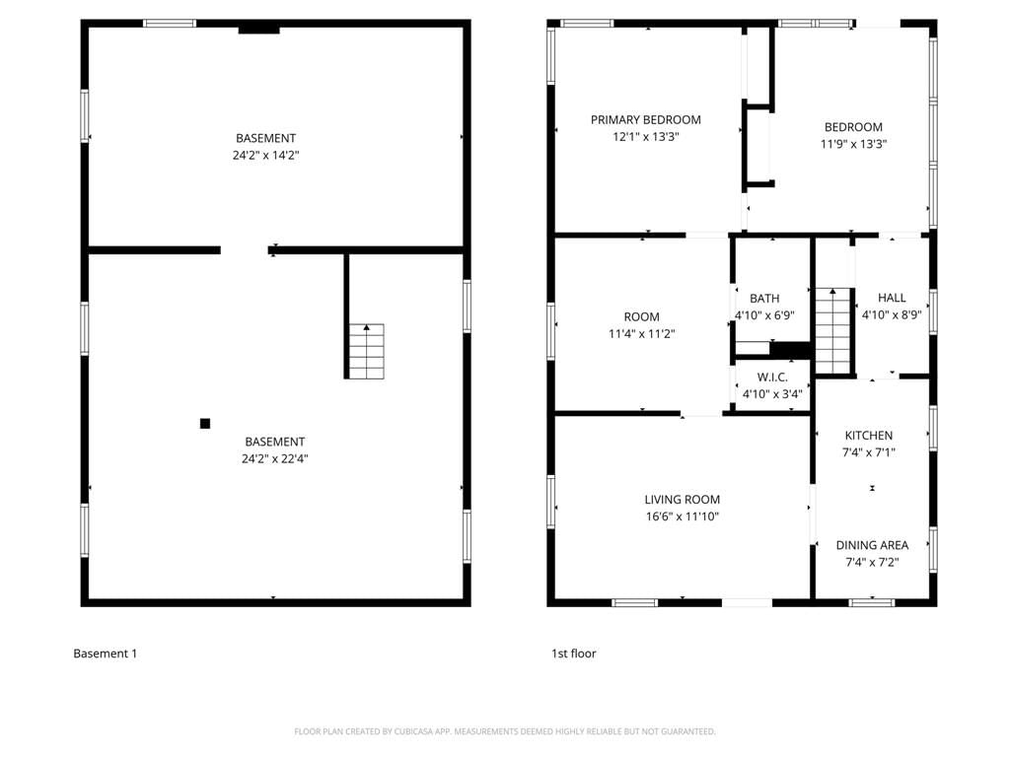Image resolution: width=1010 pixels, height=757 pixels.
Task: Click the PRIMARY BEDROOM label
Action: [645, 119]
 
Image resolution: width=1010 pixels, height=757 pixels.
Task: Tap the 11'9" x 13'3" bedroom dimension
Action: [853, 144]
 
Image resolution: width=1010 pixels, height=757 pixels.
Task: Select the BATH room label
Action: [764, 299]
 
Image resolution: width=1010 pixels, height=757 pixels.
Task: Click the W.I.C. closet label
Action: [772, 378]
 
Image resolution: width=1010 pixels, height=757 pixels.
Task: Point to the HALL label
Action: [892, 298]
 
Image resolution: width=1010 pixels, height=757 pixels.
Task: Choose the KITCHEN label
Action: [869, 435]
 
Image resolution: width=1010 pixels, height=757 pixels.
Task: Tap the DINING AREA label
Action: [872, 545]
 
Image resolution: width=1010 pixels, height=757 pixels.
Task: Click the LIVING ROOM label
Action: [683, 500]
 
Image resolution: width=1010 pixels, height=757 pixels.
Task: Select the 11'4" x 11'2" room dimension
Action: [641, 334]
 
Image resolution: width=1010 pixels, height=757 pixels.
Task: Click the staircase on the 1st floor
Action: [833, 331]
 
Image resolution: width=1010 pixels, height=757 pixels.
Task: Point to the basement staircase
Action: [367, 351]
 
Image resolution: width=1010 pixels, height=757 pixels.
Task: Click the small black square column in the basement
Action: [205, 424]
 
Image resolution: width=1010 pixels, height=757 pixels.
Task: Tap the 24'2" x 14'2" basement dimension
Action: [266, 155]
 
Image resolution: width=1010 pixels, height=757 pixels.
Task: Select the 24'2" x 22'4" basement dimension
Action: [275, 459]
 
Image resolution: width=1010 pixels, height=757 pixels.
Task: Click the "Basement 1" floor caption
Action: [105, 654]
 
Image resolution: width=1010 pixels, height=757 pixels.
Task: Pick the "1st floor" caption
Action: [573, 654]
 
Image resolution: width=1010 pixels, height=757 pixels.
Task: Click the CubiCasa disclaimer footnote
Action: [505, 731]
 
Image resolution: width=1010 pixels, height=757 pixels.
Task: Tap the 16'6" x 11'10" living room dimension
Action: [683, 516]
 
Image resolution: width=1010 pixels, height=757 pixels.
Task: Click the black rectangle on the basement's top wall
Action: [259, 30]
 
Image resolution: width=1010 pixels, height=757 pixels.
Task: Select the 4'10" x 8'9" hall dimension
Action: [892, 314]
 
